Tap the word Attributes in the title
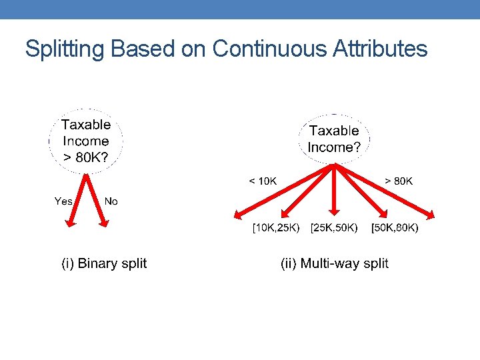379,49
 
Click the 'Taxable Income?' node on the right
334,139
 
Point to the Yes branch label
63,201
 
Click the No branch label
111,201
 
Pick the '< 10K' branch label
263,181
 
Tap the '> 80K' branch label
399,181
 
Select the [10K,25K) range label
275,229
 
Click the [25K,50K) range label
333,229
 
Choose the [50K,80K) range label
395,229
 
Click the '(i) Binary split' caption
104,263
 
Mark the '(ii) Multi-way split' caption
335,263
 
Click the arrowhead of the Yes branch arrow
70,224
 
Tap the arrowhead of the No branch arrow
103,223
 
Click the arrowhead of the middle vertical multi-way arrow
335,217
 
